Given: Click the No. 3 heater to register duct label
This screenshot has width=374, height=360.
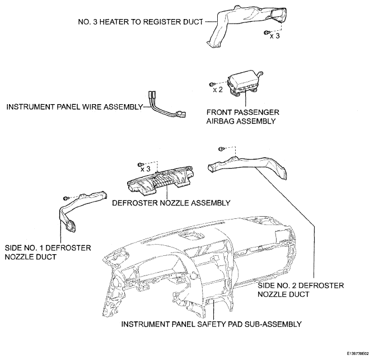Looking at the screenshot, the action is point(141,22).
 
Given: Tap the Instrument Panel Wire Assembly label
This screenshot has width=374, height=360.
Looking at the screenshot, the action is point(74,106).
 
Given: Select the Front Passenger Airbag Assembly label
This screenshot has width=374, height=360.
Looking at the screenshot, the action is point(242,116).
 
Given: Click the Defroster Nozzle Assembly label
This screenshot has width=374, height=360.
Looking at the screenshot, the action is point(171,203).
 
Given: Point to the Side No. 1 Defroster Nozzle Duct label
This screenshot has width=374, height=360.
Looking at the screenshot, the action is point(48,253).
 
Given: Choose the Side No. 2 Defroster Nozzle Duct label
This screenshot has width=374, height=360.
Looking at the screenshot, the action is point(301,290).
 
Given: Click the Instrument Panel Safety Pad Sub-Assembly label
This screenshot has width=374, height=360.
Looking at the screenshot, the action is point(211,324).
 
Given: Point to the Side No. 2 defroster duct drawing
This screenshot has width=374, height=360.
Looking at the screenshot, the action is point(248,165).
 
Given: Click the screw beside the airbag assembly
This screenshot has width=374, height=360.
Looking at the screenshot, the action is point(212,84).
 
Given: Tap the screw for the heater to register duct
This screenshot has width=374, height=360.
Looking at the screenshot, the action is point(266,32).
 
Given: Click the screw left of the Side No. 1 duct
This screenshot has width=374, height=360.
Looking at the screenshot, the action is point(66,198).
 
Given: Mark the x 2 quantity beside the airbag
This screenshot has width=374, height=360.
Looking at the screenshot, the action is point(218,90).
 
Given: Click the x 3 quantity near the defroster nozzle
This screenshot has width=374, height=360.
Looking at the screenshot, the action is point(145,169).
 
